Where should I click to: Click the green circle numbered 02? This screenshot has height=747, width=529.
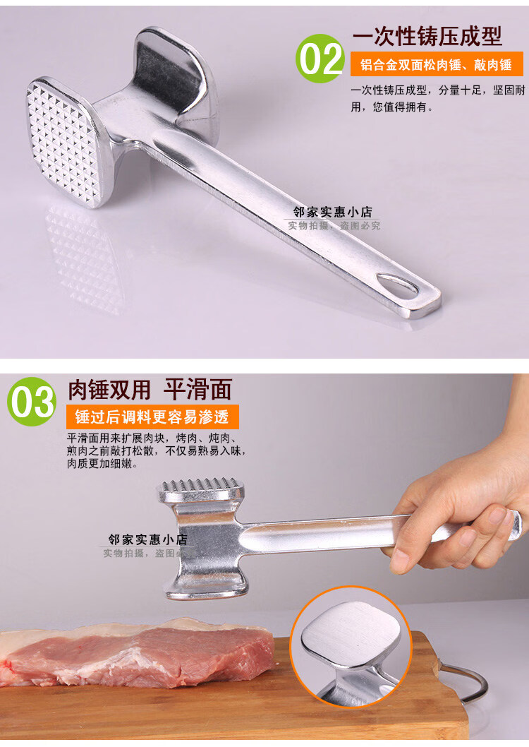click(x=320, y=58)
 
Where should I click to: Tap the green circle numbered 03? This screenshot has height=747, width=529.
click(x=32, y=401)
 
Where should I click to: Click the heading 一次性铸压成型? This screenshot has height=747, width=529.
click(x=427, y=36)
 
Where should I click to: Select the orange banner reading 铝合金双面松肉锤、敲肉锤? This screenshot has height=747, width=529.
click(x=437, y=64)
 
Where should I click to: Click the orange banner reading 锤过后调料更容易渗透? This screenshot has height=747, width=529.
click(x=152, y=417)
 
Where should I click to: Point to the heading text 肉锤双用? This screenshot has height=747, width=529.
click(x=109, y=390)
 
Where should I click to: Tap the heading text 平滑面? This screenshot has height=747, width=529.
click(x=198, y=390)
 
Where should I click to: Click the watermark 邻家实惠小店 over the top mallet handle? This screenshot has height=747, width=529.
click(x=332, y=212)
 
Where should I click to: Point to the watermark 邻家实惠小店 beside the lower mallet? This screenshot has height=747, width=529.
click(x=148, y=539)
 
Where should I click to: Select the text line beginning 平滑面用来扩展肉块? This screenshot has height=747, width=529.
click(x=152, y=437)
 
